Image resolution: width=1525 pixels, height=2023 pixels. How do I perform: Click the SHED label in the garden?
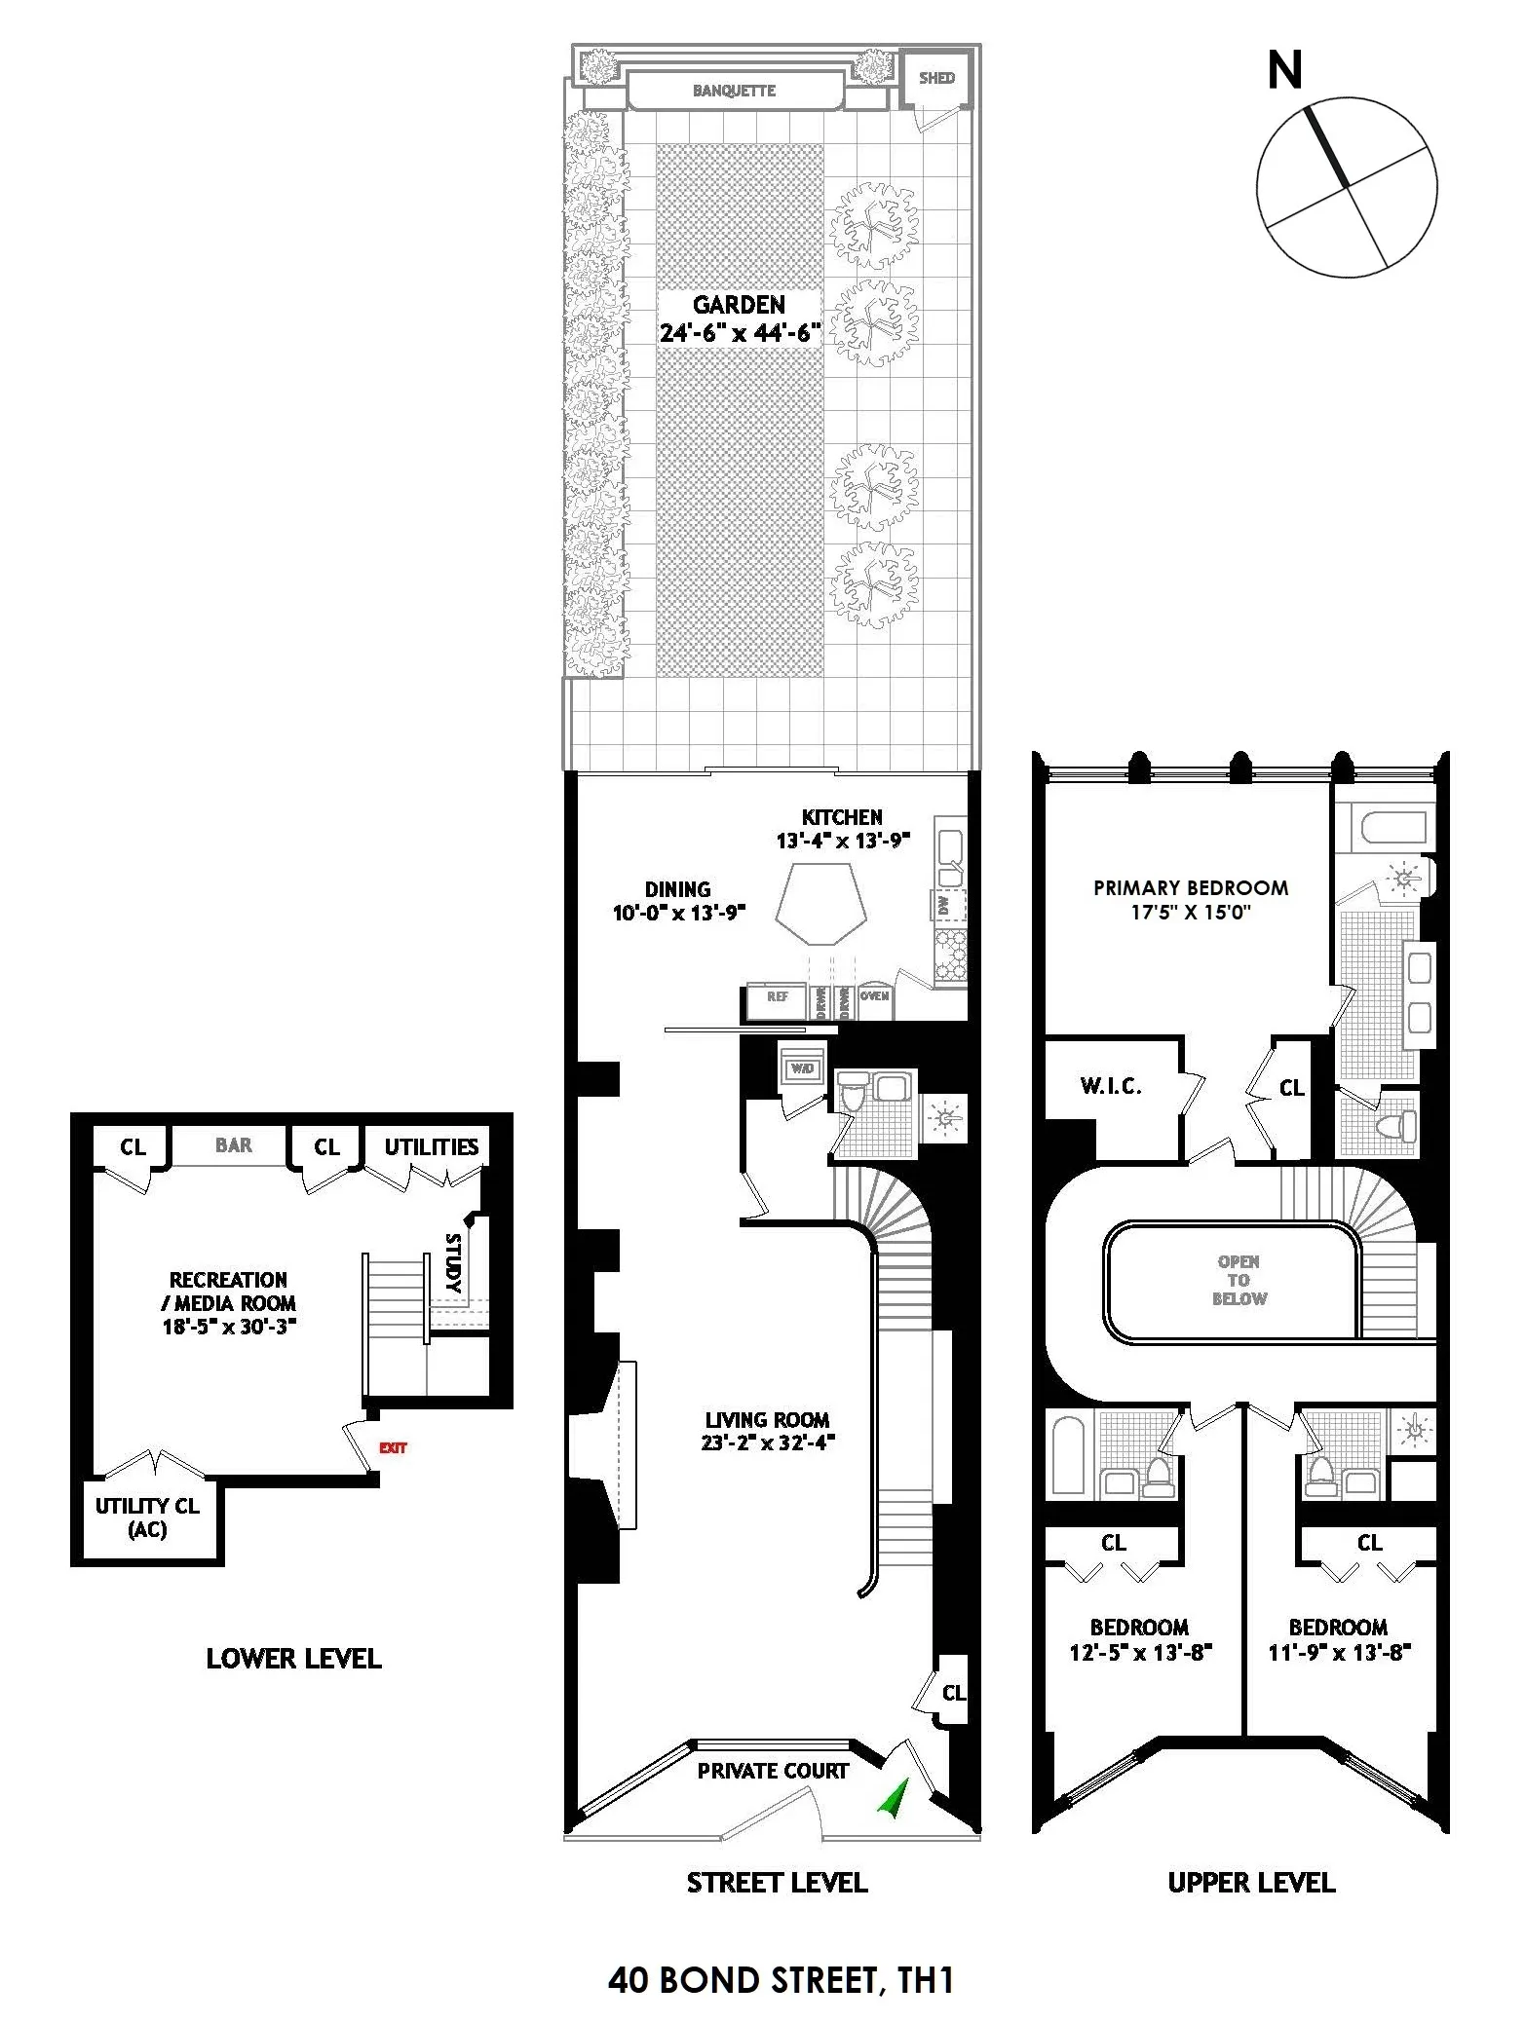[936, 78]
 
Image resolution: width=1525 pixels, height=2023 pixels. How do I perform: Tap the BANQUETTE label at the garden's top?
[734, 91]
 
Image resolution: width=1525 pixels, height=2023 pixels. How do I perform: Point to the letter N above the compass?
[1284, 71]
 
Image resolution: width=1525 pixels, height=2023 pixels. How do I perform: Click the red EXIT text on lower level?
[393, 1447]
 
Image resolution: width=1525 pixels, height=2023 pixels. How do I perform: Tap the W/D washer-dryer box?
[802, 1068]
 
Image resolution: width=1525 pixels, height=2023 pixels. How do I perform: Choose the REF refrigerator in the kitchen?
[777, 997]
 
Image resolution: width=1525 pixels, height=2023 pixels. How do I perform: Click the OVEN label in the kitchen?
[874, 996]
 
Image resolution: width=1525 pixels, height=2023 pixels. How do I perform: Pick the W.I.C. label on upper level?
[1111, 1086]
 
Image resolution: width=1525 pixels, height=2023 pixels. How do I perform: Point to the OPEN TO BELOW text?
[1239, 1280]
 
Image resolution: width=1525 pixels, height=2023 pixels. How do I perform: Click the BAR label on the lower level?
[233, 1145]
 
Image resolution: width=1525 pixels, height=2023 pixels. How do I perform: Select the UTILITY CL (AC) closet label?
[147, 1517]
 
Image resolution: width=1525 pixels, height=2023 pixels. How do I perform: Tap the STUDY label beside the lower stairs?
[453, 1263]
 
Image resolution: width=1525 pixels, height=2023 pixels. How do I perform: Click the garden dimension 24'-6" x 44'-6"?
[740, 332]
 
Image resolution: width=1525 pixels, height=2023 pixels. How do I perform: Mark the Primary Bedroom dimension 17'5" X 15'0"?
[1191, 913]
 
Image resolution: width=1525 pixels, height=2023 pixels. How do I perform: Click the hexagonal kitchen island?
[820, 901]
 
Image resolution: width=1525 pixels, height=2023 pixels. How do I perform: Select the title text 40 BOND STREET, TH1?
[780, 1980]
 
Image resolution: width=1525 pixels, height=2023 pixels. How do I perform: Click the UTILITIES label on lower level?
[431, 1146]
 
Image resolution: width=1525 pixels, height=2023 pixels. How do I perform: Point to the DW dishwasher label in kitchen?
[942, 905]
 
